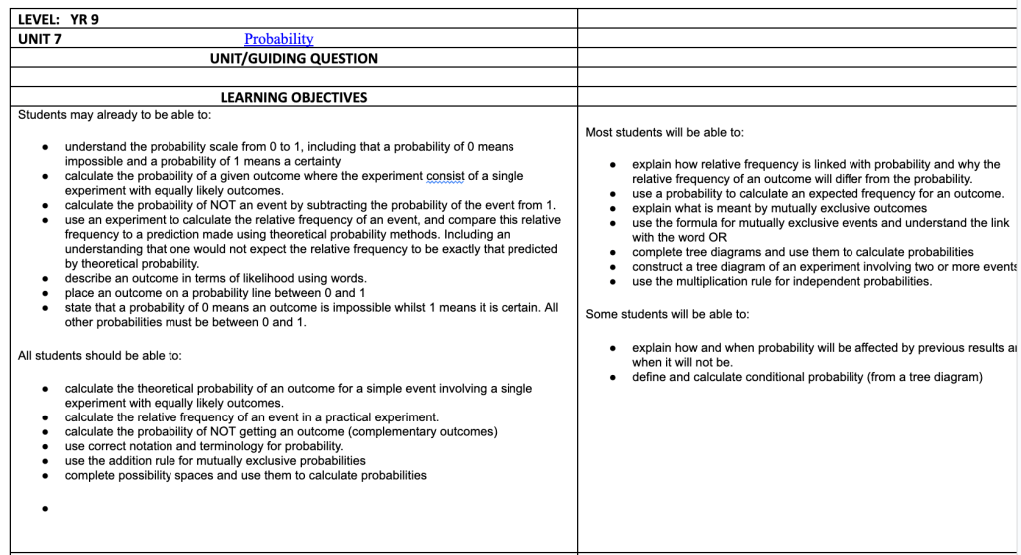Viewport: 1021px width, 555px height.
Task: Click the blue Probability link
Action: coord(278,39)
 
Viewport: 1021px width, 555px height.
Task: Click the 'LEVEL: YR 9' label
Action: coord(58,19)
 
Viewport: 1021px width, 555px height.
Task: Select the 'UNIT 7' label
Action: coord(40,39)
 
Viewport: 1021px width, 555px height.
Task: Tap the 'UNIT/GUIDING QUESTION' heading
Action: coord(293,58)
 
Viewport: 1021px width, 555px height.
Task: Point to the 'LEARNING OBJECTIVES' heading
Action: coord(293,97)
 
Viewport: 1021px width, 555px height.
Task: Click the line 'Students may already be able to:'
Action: coord(115,115)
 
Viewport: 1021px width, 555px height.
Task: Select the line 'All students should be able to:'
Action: coord(100,356)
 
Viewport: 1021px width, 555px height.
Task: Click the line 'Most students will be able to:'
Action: coord(664,132)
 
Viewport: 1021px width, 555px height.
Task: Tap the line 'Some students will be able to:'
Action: coord(667,314)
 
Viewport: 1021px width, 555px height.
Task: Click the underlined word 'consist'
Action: coord(446,176)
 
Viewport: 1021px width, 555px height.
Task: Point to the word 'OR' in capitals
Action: coord(717,237)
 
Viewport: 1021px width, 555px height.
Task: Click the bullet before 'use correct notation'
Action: coord(46,447)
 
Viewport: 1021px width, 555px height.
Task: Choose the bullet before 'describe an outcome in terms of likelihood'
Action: coord(46,279)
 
